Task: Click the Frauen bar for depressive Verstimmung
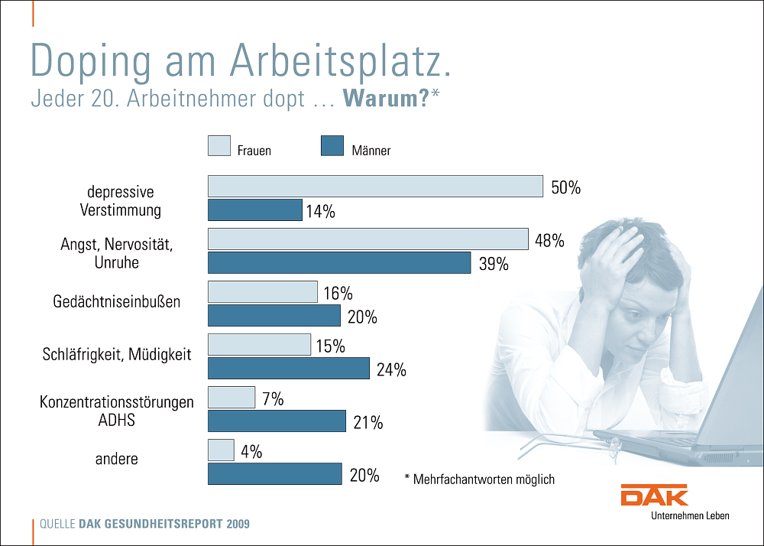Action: click(x=375, y=187)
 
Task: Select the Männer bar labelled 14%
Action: click(x=255, y=210)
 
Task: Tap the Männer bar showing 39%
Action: click(x=339, y=263)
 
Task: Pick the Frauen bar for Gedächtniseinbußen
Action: click(x=263, y=292)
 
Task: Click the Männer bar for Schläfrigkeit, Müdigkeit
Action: click(x=289, y=369)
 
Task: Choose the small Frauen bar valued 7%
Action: click(x=231, y=398)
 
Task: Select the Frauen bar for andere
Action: click(x=222, y=450)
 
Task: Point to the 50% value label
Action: click(x=565, y=188)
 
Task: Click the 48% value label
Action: click(x=549, y=241)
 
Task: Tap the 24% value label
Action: click(x=391, y=370)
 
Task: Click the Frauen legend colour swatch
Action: click(x=219, y=146)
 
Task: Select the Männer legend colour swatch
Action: click(x=332, y=146)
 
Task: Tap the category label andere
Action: click(x=117, y=459)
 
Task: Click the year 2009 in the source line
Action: click(x=238, y=525)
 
